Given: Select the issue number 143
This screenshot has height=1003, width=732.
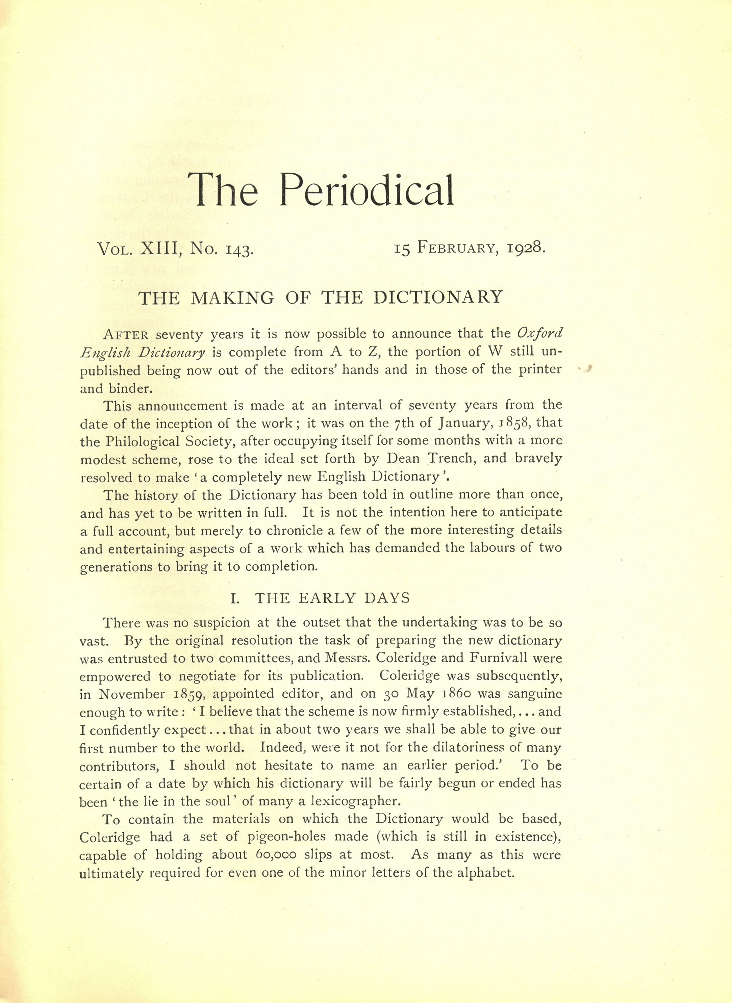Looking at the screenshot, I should point(239,250).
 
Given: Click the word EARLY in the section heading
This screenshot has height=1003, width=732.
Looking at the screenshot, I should point(327,598).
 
